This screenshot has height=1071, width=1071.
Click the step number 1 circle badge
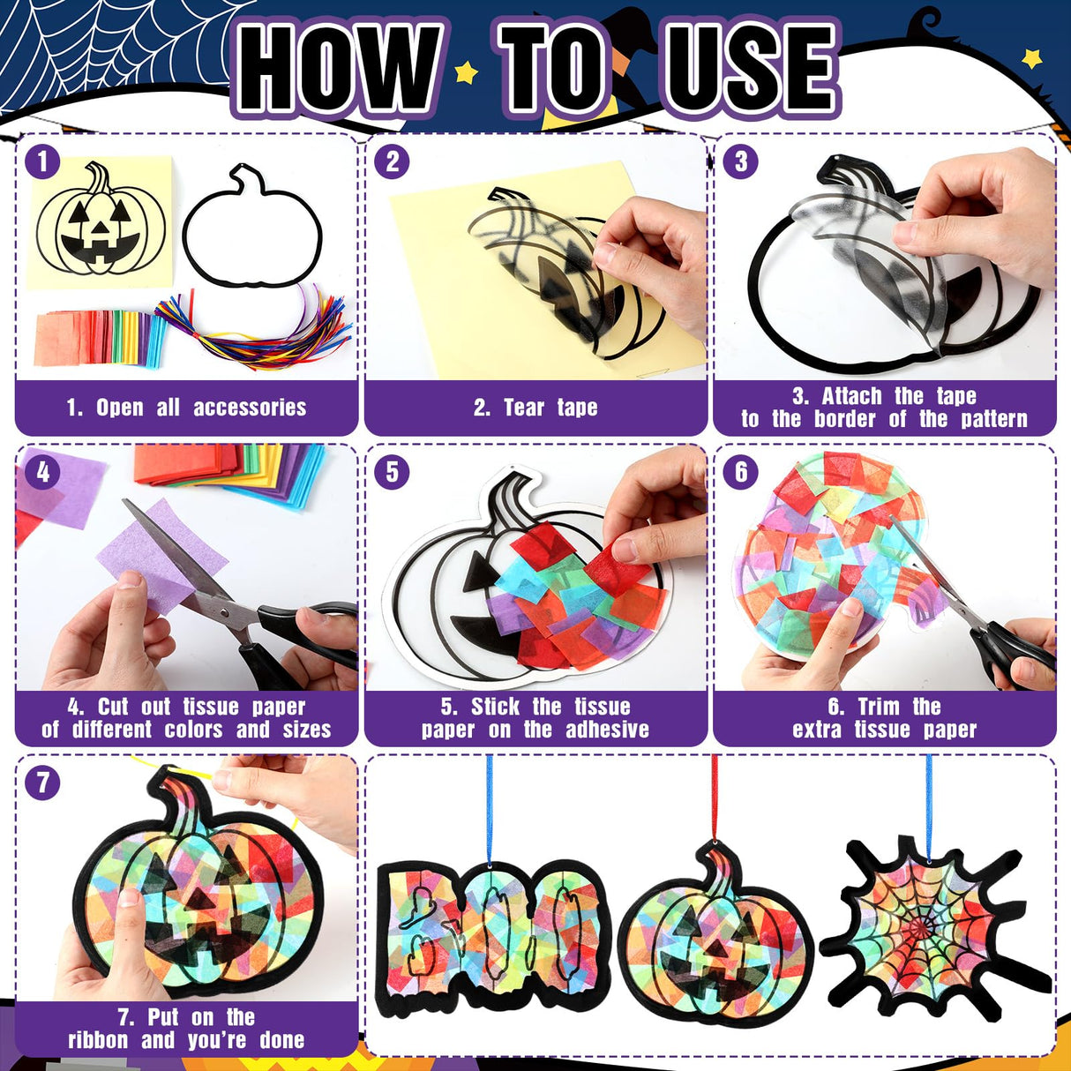click(x=42, y=161)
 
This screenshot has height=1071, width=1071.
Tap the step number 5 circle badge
click(x=392, y=472)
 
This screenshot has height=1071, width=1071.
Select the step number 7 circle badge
click(x=42, y=783)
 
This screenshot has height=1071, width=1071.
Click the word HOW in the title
click(x=340, y=69)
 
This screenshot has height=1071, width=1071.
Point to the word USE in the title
click(x=749, y=69)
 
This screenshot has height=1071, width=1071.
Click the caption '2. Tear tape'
click(x=535, y=408)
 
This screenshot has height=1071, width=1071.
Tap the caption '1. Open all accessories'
click(x=186, y=408)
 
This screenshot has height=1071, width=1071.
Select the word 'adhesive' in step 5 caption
click(x=607, y=730)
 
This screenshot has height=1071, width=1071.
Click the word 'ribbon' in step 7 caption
click(x=98, y=1040)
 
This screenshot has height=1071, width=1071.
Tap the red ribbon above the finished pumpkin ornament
click(x=715, y=794)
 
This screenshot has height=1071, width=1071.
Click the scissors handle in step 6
click(x=1023, y=653)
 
